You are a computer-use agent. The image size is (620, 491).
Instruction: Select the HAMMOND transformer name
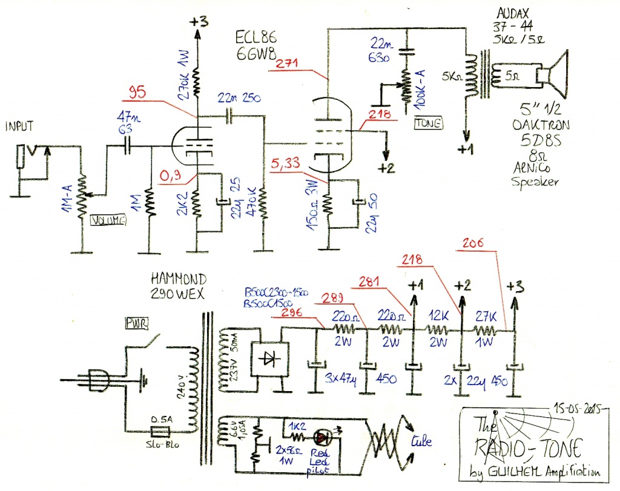point(180,279)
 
